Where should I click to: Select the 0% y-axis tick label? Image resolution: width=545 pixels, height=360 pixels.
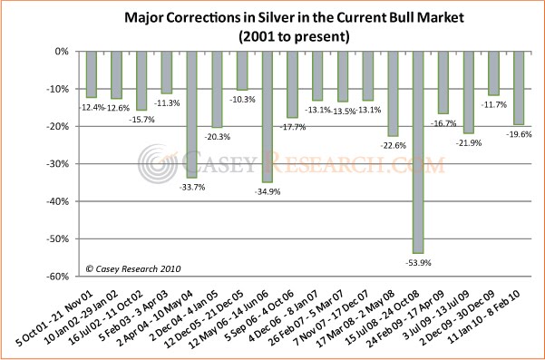click(63, 52)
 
